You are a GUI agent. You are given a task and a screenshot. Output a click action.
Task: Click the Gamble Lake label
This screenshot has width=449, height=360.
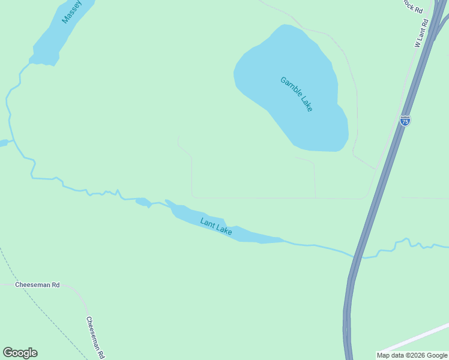pos(297,94)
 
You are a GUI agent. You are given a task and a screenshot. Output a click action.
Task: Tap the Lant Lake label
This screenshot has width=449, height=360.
pos(216,227)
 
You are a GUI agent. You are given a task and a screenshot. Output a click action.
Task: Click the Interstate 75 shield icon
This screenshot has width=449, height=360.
pos(405,120)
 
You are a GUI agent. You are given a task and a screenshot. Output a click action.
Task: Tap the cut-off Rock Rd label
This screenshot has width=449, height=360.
pos(413,6)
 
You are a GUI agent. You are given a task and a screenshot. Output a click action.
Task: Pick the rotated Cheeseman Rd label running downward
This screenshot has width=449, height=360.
pos(95,337)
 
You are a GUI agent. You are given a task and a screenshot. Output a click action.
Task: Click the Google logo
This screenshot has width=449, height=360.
pos(20,353)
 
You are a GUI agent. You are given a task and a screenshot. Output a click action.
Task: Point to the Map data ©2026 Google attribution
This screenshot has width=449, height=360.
pos(412,355)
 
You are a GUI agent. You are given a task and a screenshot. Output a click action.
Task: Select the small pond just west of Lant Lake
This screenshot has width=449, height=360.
pos(143,202)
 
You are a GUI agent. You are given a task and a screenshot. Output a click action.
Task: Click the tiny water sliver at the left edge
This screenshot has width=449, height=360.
pos(3,143)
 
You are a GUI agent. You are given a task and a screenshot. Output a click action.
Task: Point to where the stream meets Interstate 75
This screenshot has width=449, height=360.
pos(358,255)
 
